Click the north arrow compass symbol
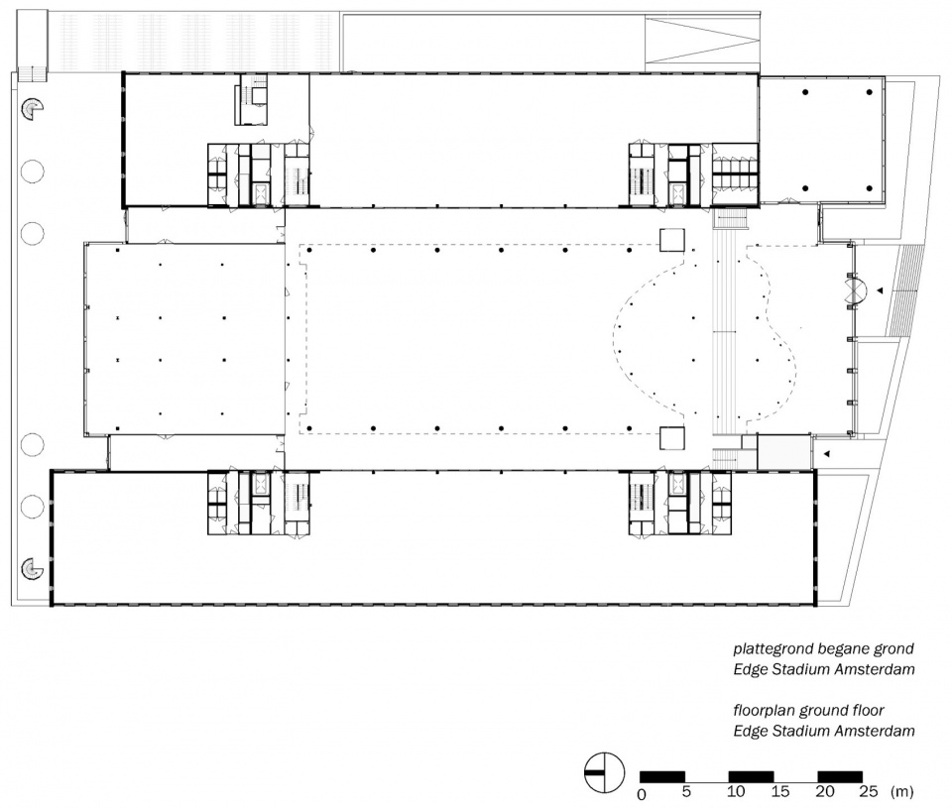coord(604,772)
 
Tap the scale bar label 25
coord(869,791)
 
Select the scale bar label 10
coord(736,791)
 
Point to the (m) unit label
coord(901,791)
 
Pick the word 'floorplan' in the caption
coord(764,710)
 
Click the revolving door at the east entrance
coord(857,291)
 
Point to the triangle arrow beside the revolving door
coord(880,291)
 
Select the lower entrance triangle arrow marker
coord(826,453)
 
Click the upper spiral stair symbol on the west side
coord(32,109)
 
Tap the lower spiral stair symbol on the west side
coord(32,569)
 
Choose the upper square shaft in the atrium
coord(672,239)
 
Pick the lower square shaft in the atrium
coord(672,438)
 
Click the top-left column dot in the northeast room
coord(805,92)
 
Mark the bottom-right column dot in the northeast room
coord(870,188)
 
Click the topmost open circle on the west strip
coord(32,172)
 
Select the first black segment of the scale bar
coord(662,776)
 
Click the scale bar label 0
coord(642,793)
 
